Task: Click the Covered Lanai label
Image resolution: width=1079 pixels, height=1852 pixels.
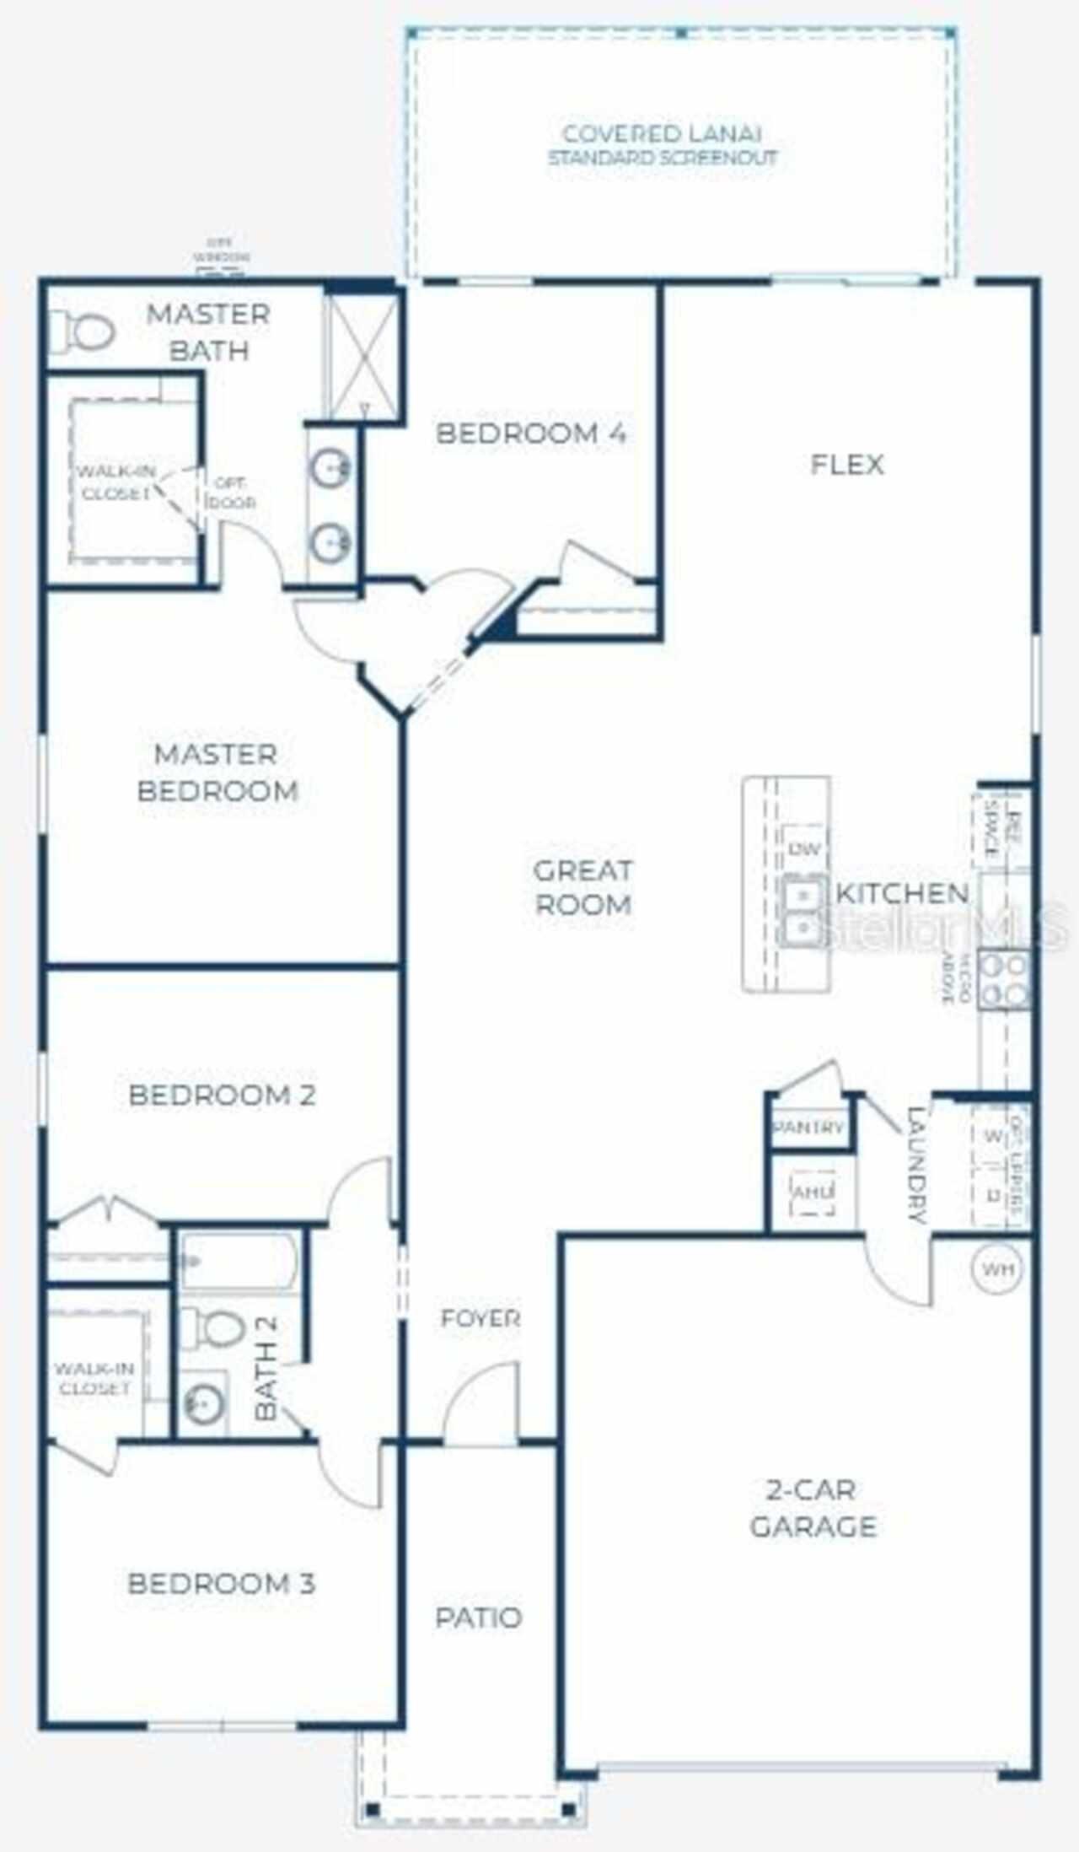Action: point(662,144)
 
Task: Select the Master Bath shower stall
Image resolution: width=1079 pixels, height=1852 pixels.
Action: point(360,351)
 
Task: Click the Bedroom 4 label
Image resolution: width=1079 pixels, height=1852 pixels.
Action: point(530,433)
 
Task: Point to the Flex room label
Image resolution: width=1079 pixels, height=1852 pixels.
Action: point(846,464)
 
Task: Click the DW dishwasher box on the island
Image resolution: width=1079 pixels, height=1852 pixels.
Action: point(805,848)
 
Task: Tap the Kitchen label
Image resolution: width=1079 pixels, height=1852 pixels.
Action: point(901,893)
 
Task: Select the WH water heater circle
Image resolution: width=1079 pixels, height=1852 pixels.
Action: point(997,1268)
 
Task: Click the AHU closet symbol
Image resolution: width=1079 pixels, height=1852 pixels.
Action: point(813,1192)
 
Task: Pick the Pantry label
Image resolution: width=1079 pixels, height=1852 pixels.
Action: point(808,1127)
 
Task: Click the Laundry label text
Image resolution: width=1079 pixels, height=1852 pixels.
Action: point(917,1163)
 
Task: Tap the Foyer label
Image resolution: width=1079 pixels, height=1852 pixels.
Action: point(480,1318)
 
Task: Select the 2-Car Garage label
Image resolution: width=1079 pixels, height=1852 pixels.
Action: point(813,1508)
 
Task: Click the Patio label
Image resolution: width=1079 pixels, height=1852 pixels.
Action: point(478,1618)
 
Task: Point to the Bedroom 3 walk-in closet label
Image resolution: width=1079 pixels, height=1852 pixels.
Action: point(94,1378)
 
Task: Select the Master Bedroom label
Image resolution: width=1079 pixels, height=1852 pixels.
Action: point(217,772)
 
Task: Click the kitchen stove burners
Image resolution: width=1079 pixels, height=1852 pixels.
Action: point(1005,979)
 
